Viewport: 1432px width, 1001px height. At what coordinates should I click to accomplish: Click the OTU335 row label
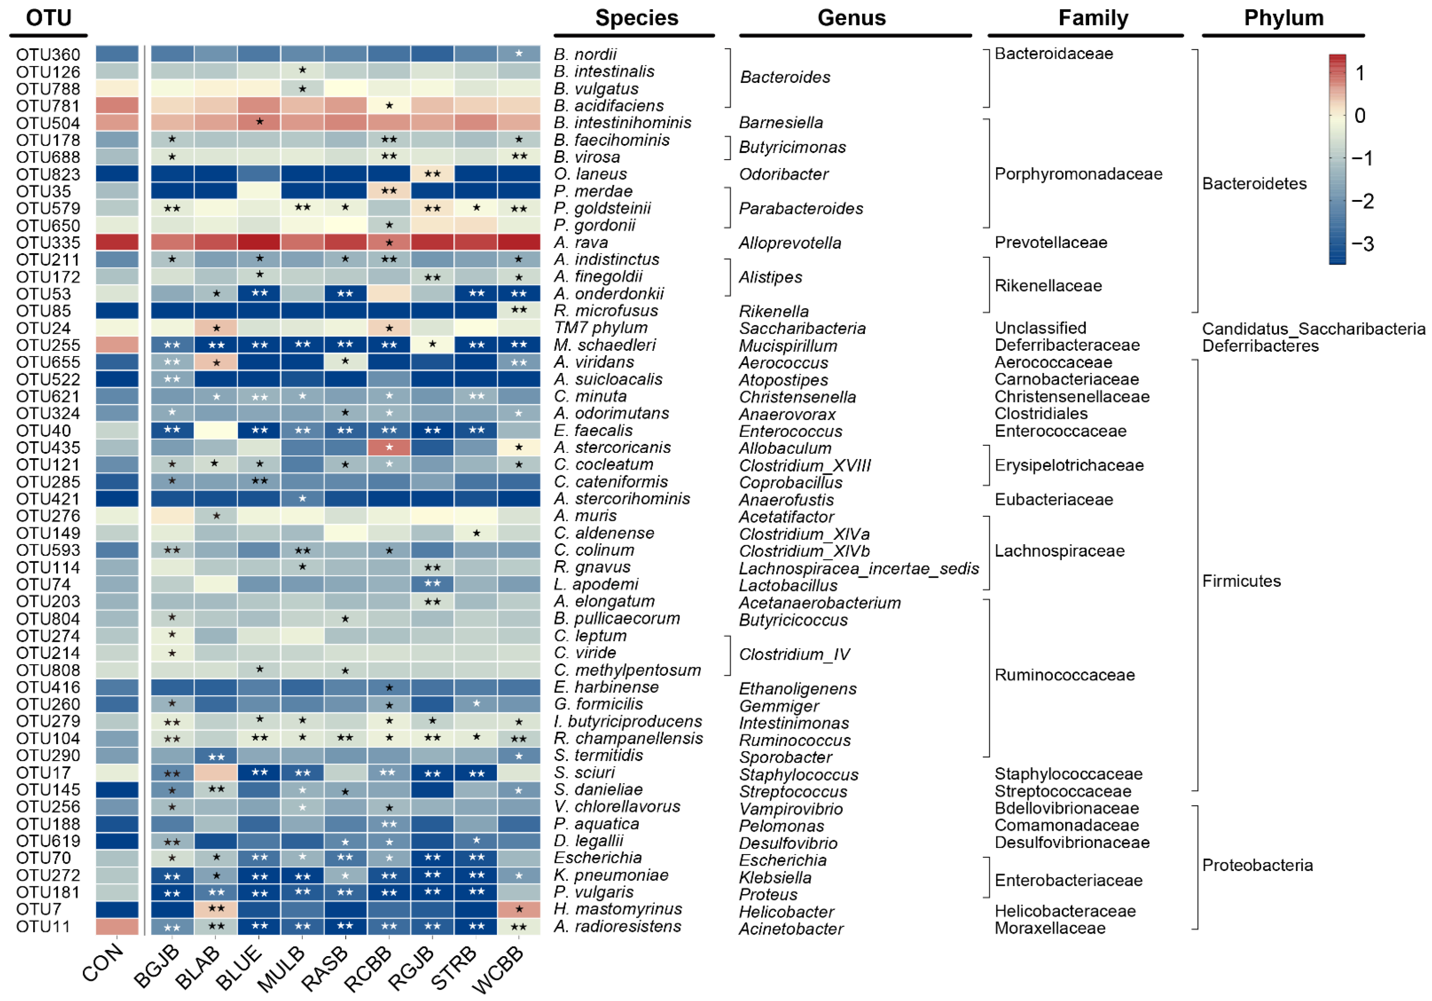[x=48, y=243]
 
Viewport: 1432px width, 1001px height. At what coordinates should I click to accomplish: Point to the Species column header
[x=636, y=18]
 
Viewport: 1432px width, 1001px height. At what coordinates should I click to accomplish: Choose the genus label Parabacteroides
[x=801, y=208]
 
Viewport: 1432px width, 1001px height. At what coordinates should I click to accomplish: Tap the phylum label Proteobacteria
[x=1257, y=865]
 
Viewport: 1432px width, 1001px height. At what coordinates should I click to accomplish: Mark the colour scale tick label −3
[x=1363, y=244]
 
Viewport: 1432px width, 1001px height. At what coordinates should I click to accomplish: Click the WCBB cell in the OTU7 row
[x=519, y=909]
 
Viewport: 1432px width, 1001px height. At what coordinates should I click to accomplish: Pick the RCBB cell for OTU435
[x=389, y=447]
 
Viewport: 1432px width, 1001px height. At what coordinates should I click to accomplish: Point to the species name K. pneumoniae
[x=611, y=875]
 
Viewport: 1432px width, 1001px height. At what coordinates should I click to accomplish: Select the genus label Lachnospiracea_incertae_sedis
[x=858, y=569]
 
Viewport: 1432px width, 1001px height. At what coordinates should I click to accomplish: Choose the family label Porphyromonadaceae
[x=1078, y=174]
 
